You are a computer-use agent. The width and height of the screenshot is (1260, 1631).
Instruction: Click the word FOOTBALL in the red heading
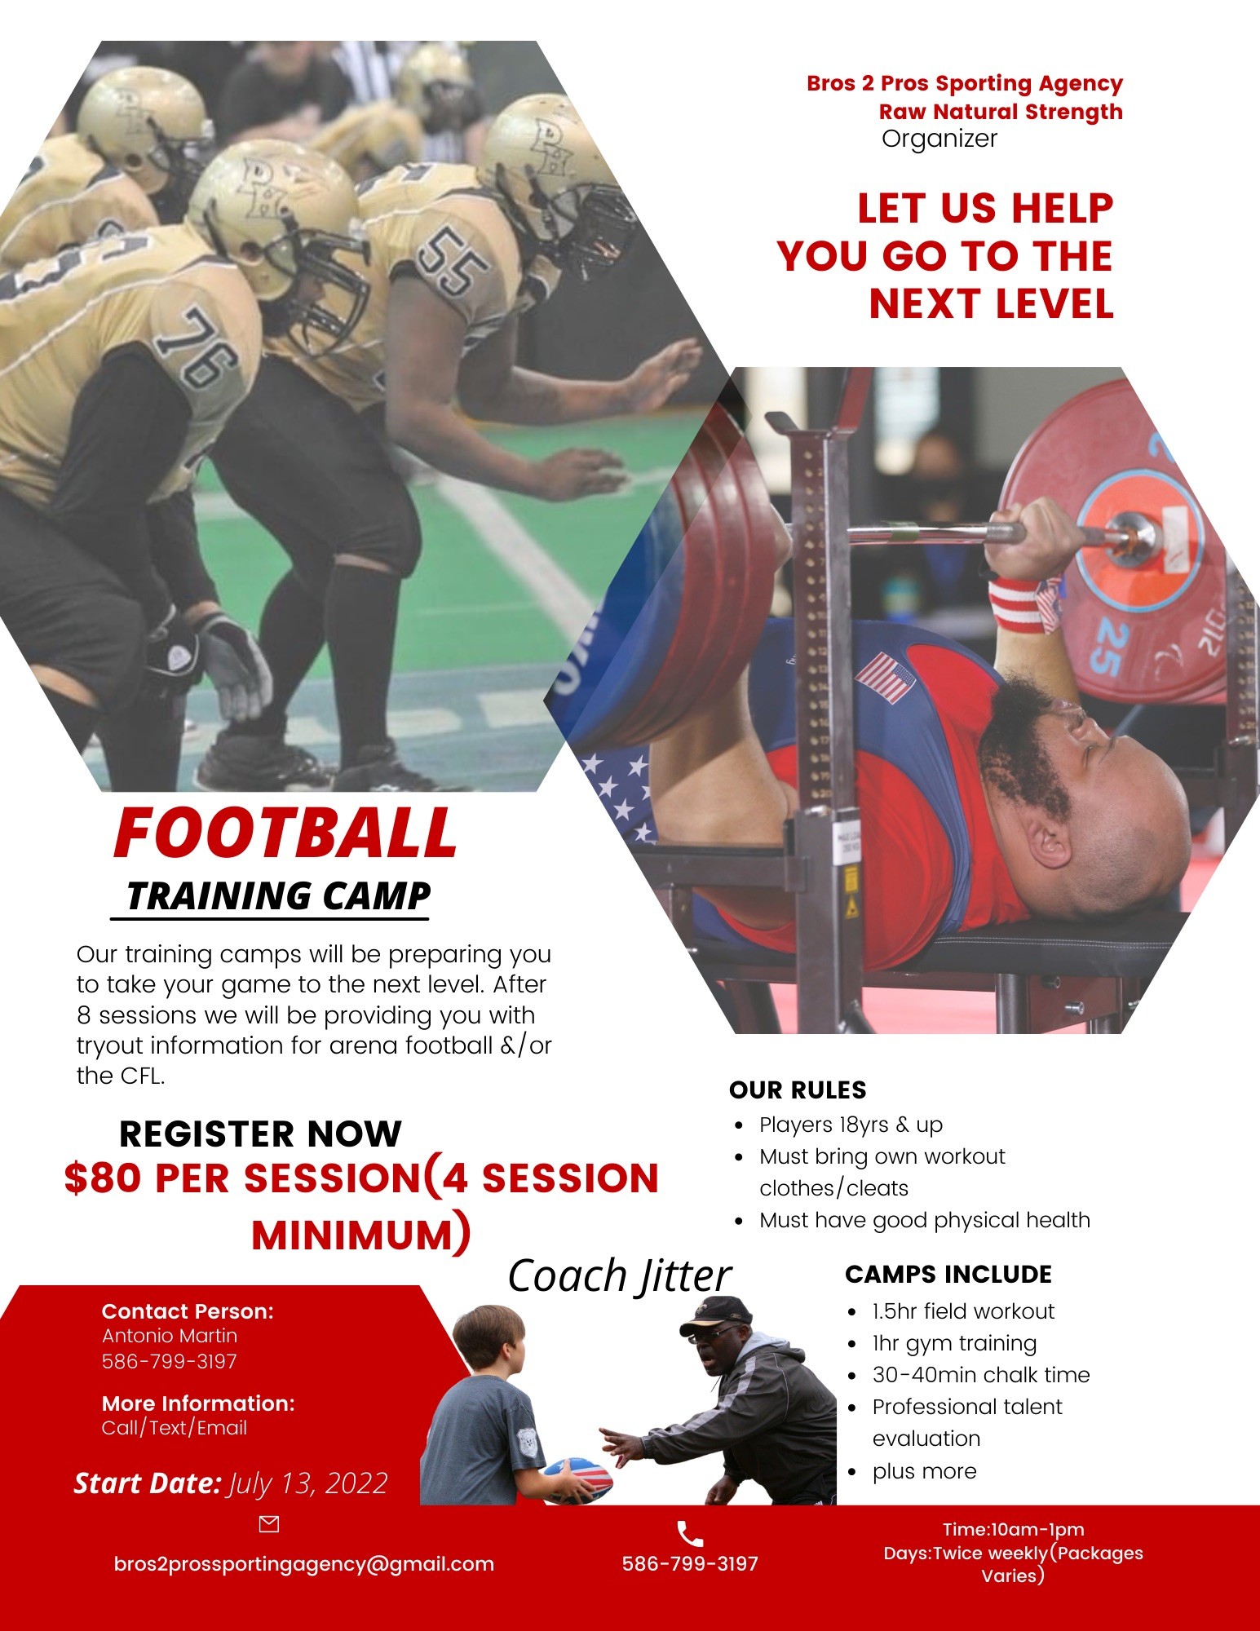[x=285, y=833]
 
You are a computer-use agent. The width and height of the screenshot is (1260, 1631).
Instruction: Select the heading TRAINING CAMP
[x=278, y=895]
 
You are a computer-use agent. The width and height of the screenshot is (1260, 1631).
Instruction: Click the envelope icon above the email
[x=268, y=1524]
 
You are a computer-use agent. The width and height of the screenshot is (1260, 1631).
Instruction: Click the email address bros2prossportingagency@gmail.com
[x=304, y=1564]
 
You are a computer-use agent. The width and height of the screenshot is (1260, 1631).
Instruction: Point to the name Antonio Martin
[x=170, y=1336]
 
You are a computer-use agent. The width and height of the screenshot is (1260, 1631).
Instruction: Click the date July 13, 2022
[x=308, y=1483]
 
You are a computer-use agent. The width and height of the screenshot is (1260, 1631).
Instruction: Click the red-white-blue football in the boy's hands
[x=578, y=1480]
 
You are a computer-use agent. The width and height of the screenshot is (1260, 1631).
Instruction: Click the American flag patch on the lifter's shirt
[x=885, y=677]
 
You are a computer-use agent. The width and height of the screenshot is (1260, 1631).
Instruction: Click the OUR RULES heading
[x=798, y=1090]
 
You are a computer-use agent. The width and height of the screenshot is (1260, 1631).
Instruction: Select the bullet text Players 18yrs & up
[x=851, y=1125]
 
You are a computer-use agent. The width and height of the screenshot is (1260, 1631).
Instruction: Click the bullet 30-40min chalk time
[x=981, y=1375]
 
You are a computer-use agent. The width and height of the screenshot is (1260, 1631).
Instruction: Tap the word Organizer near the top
[x=939, y=139]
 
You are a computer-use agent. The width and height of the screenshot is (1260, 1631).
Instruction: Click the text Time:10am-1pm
[x=1014, y=1530]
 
